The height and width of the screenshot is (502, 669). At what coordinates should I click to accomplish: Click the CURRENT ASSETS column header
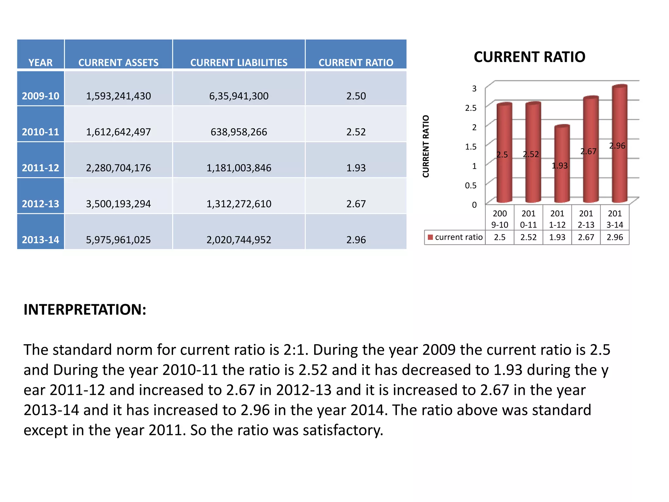(118, 62)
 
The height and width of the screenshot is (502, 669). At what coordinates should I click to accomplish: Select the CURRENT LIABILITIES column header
(239, 62)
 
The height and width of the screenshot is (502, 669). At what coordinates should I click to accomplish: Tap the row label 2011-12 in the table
(41, 168)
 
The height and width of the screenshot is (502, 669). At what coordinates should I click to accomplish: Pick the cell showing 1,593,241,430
(118, 96)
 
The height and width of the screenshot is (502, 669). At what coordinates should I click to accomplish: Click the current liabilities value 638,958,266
(239, 132)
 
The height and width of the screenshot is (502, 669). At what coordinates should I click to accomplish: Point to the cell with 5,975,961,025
(118, 240)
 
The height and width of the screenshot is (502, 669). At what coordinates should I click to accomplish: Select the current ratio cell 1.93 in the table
(356, 168)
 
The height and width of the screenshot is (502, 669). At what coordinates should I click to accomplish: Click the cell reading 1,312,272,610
(239, 204)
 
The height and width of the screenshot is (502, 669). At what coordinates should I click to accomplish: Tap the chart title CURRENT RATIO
(529, 57)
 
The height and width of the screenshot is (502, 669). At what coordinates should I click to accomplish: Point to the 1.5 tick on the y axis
(471, 146)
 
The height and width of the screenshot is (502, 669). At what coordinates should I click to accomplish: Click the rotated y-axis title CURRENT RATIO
(426, 146)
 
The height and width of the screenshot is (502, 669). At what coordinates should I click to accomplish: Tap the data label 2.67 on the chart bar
(588, 151)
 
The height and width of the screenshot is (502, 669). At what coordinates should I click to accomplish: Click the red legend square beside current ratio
(430, 237)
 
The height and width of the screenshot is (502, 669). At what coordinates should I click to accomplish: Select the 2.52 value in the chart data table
(528, 237)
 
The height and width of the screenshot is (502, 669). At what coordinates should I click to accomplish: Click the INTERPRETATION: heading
(85, 309)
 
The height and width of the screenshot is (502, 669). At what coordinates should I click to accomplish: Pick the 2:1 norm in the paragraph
(296, 350)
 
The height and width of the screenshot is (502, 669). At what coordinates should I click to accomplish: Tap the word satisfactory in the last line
(343, 430)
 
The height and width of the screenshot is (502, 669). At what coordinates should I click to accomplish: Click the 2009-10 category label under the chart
(499, 219)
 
